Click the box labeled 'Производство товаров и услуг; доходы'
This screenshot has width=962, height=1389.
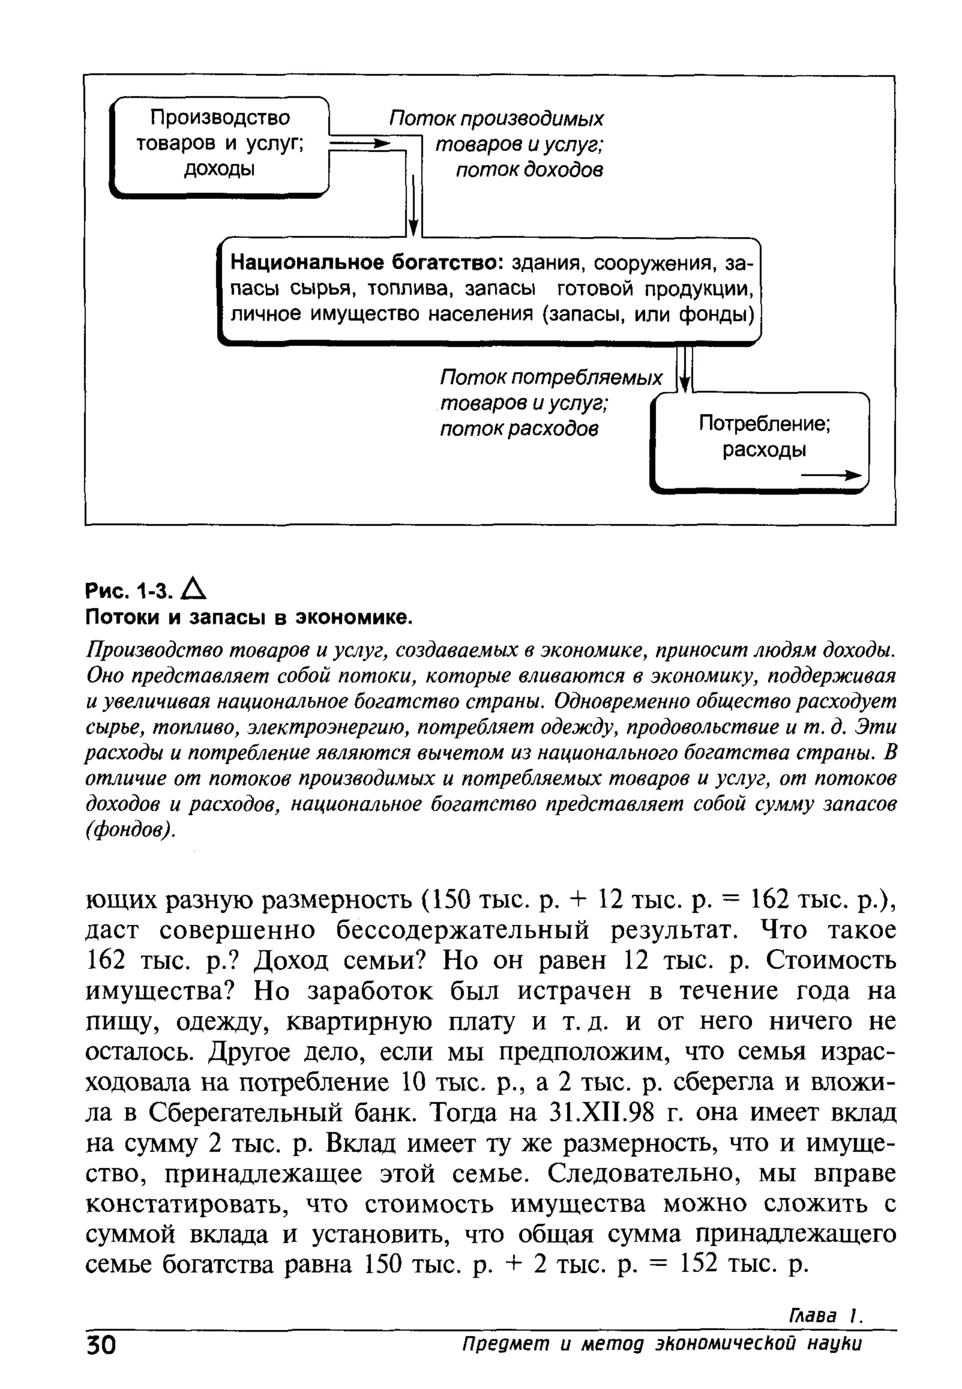pyautogui.click(x=219, y=145)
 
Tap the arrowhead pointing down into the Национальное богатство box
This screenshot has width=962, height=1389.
pyautogui.click(x=413, y=228)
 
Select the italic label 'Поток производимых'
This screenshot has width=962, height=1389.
pyautogui.click(x=496, y=119)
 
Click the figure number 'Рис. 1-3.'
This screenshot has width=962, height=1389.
pyautogui.click(x=129, y=592)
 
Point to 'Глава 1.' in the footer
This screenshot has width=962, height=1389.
pyautogui.click(x=825, y=1332)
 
